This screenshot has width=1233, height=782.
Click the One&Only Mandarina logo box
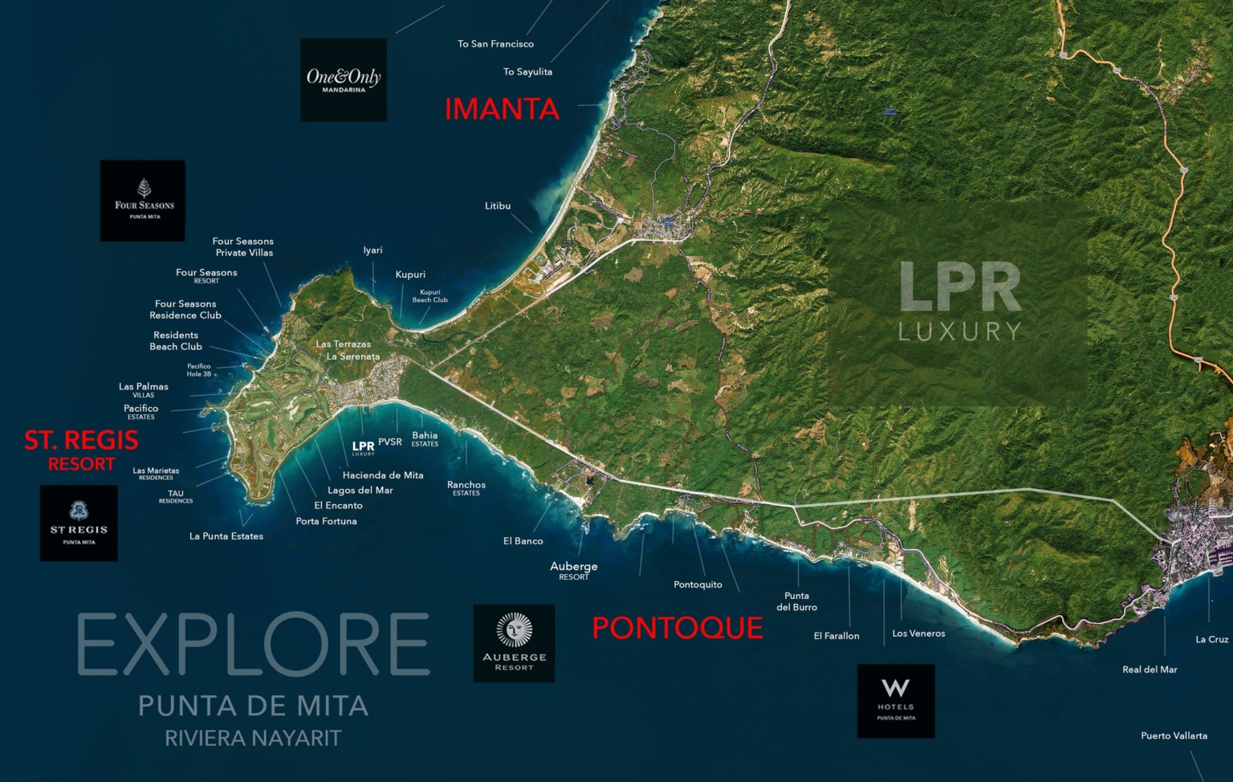point(344,80)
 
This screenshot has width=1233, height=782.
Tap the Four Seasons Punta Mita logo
point(143,201)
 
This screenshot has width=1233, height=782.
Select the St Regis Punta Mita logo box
point(79,523)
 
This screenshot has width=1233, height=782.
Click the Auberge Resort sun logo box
point(514,643)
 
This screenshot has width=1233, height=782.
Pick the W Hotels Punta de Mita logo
point(896,701)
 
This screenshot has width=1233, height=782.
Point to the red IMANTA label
point(502,109)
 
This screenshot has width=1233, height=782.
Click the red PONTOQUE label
point(678,628)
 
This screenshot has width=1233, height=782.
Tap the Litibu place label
point(498,206)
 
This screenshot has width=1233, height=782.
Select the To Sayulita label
point(527,72)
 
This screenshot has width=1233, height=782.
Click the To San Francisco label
point(495,44)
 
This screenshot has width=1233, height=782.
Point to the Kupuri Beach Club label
point(430,296)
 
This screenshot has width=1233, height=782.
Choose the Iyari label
point(372,250)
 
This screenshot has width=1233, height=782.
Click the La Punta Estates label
point(226,536)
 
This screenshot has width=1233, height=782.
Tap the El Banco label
point(523,541)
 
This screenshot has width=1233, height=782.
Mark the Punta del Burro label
point(797,601)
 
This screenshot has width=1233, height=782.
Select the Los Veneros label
point(918,633)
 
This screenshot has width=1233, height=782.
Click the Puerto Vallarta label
point(1174,735)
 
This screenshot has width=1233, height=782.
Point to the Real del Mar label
point(1150,670)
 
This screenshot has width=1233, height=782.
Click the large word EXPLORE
point(254,645)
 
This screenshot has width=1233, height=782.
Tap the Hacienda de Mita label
point(383,475)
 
